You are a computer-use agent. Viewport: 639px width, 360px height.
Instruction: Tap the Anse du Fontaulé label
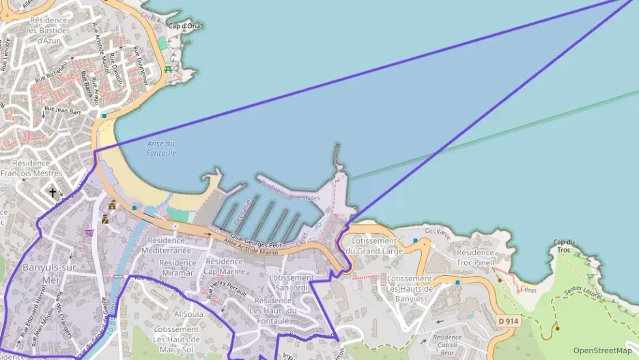(x=161, y=148)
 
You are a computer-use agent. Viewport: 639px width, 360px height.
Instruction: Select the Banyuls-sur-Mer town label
(x=42, y=273)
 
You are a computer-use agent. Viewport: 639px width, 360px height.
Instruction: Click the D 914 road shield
(x=509, y=320)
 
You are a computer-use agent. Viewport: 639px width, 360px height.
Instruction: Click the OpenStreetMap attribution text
(x=603, y=350)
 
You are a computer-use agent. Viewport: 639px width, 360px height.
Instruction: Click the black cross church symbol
(x=53, y=193)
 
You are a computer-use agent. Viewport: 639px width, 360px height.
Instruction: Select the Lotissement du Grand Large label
(x=373, y=246)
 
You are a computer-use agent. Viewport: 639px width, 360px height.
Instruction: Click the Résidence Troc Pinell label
(x=475, y=258)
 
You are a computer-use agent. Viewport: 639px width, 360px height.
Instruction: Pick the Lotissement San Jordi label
(x=292, y=283)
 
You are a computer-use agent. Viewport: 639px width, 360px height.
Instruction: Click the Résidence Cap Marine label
(x=225, y=266)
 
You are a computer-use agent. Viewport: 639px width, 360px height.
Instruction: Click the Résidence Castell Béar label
(x=446, y=344)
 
